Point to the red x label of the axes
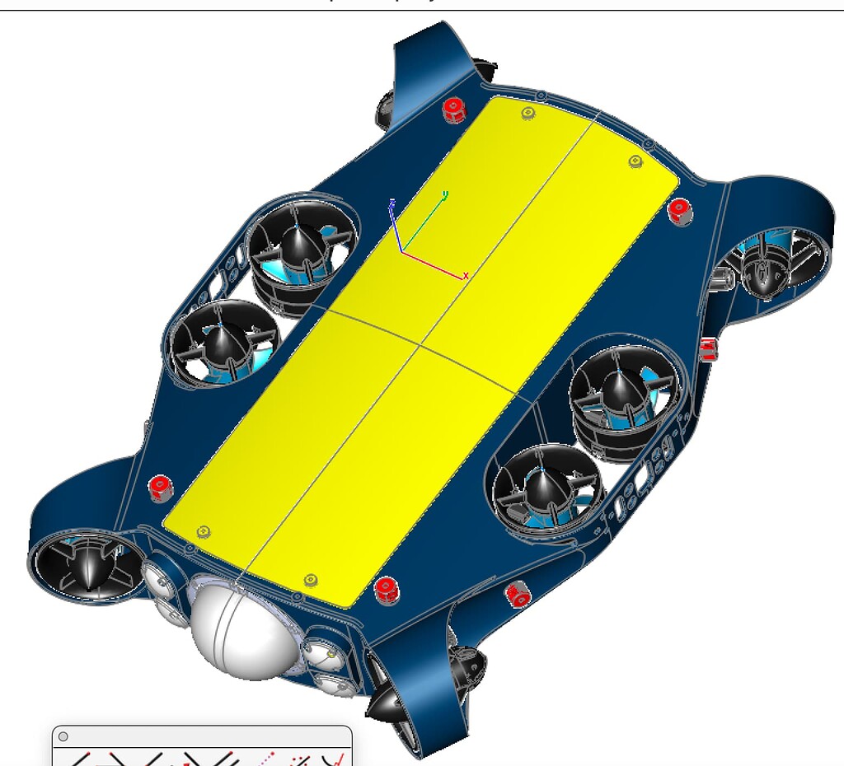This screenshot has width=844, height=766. pos(466,276)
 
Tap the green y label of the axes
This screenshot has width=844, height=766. pos(445,195)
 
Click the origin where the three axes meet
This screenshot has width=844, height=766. pos(401,250)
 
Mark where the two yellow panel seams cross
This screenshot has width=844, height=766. pos(420,343)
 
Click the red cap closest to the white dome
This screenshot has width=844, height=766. pos(386,589)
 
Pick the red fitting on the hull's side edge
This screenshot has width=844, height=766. pos(708,349)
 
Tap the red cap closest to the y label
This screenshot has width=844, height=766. pos(452,110)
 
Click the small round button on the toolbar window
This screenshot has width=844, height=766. pos(63,737)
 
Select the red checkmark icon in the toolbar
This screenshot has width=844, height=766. pos(335,759)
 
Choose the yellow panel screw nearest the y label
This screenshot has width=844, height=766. pos(528,114)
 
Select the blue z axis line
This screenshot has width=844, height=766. pos(396,227)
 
